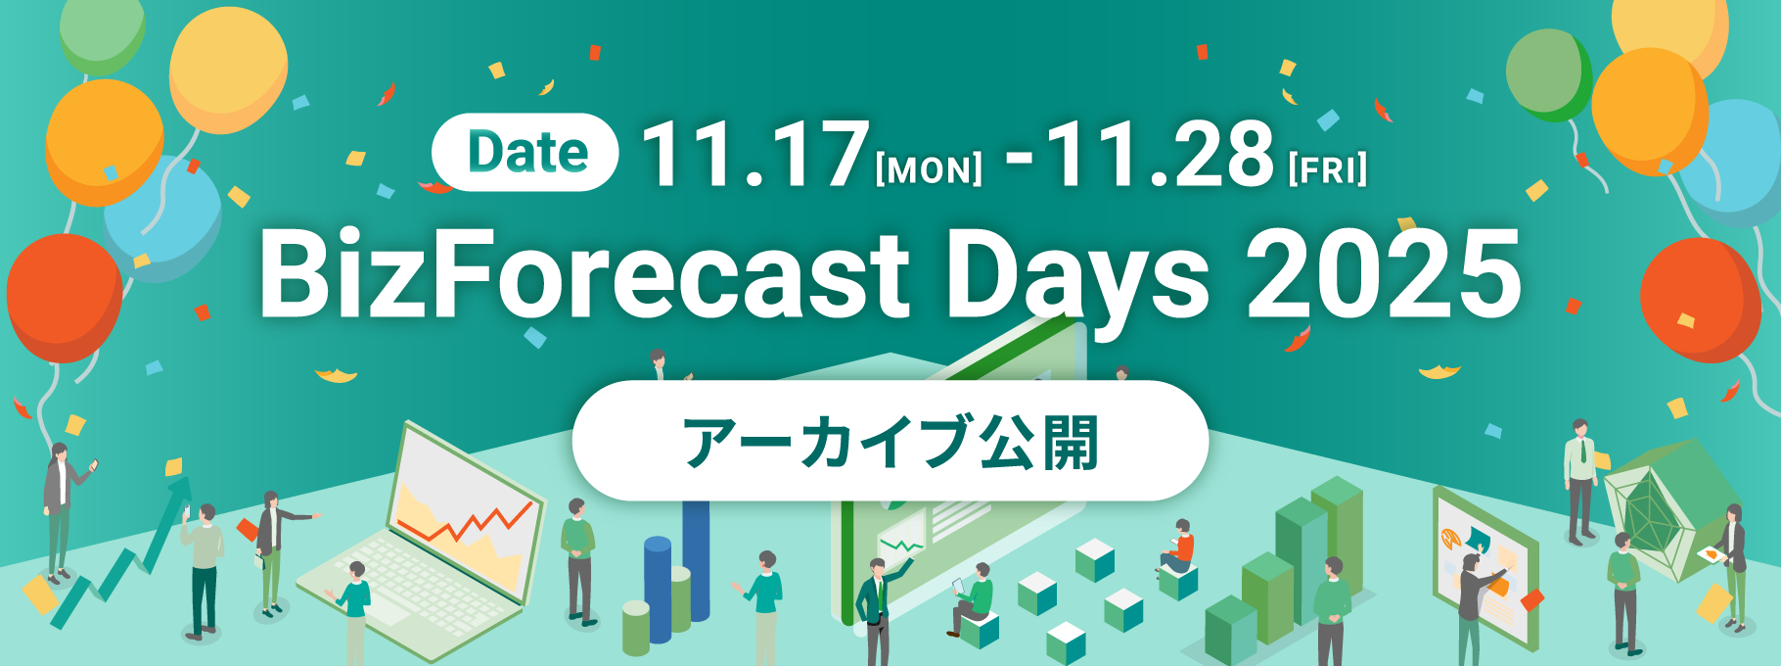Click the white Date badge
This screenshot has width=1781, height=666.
(x=525, y=153)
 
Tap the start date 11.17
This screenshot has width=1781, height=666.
(x=755, y=154)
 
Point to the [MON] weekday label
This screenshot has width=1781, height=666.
(x=929, y=170)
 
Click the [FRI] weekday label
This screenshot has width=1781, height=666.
(x=1328, y=169)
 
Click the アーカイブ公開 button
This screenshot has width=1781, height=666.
(x=890, y=441)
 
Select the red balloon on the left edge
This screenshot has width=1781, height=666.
(x=64, y=296)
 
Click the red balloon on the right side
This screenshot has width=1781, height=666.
(x=1700, y=299)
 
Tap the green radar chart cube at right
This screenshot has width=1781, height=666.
(x=1657, y=509)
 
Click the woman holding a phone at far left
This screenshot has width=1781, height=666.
(x=61, y=510)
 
